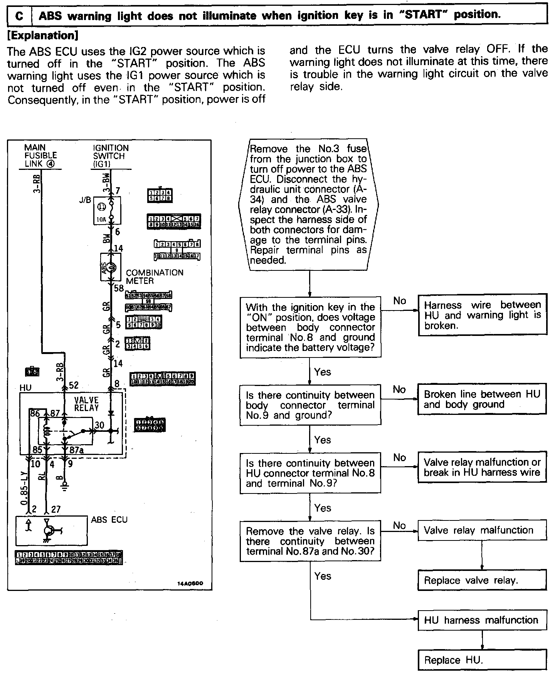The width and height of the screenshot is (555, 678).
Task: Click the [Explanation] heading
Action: coord(43,35)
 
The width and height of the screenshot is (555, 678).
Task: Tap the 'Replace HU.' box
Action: coord(482,660)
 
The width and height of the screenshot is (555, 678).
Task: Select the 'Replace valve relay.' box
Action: coord(482,580)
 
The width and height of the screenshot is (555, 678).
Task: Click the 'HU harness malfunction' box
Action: coord(482,620)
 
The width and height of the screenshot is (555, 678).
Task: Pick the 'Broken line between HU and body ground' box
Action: coord(482,399)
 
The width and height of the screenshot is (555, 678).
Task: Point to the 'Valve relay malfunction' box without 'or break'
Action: coord(482,530)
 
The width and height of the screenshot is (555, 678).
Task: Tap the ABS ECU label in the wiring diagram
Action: coord(109,520)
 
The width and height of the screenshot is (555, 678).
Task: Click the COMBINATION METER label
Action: coord(154,277)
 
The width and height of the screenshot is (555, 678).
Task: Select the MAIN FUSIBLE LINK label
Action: coord(40,156)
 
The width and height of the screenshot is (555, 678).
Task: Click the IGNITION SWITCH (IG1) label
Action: coord(111,156)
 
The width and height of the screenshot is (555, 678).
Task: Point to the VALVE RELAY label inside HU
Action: coord(86,404)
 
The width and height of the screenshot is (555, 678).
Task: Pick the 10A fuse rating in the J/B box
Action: coord(100,220)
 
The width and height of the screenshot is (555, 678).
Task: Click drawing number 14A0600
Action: coord(190,584)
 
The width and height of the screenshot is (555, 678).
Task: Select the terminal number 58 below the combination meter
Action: coord(119,288)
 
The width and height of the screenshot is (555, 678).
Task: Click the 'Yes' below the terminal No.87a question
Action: coord(323,576)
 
